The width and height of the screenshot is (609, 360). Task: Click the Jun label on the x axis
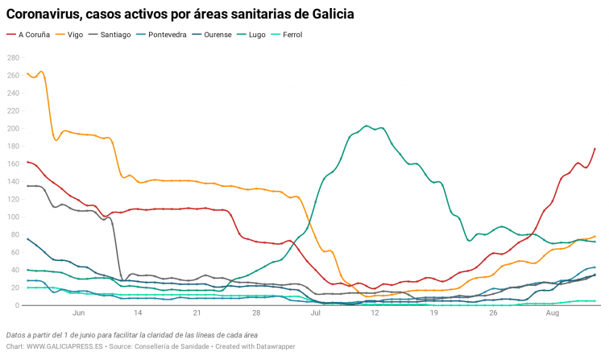point(78,312)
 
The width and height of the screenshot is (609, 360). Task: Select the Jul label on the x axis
point(316,312)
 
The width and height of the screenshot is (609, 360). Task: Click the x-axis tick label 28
point(256,312)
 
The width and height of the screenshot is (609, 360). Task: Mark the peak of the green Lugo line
point(367,126)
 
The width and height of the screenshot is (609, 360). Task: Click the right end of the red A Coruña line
point(594,148)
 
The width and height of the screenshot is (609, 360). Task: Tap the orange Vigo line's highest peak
point(40,72)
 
